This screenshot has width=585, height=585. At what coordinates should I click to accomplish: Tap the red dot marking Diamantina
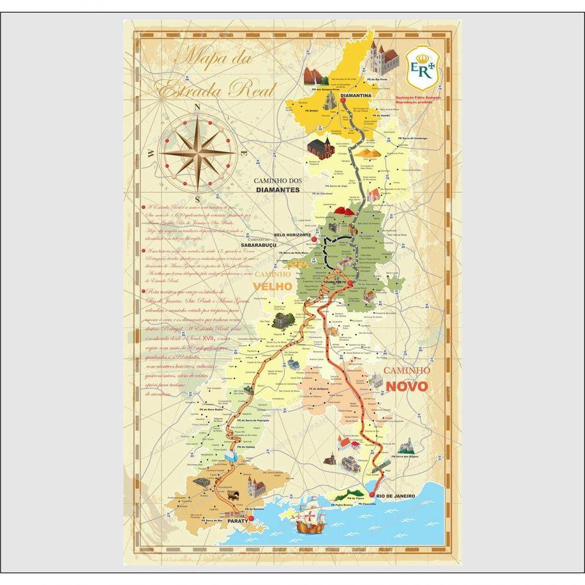pos(343,100)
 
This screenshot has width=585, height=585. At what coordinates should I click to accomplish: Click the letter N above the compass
pos(198,107)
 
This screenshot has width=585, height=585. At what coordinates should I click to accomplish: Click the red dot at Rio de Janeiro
pos(371,494)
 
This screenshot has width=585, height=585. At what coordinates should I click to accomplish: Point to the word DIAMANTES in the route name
pos(277,190)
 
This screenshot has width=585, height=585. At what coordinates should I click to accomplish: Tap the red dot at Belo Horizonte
pos(314,239)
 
